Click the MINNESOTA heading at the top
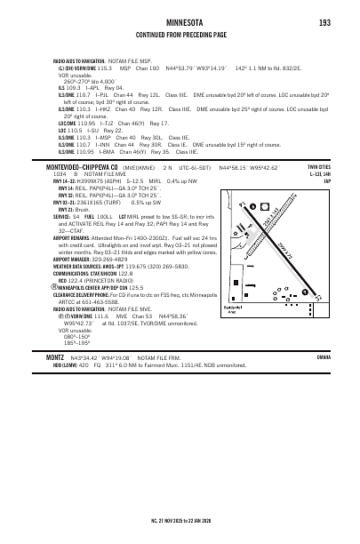180,23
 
